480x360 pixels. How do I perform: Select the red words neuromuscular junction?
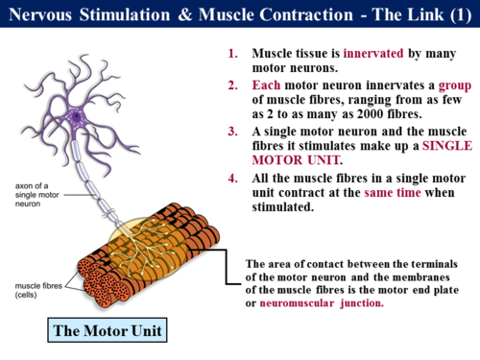point(322,303)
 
